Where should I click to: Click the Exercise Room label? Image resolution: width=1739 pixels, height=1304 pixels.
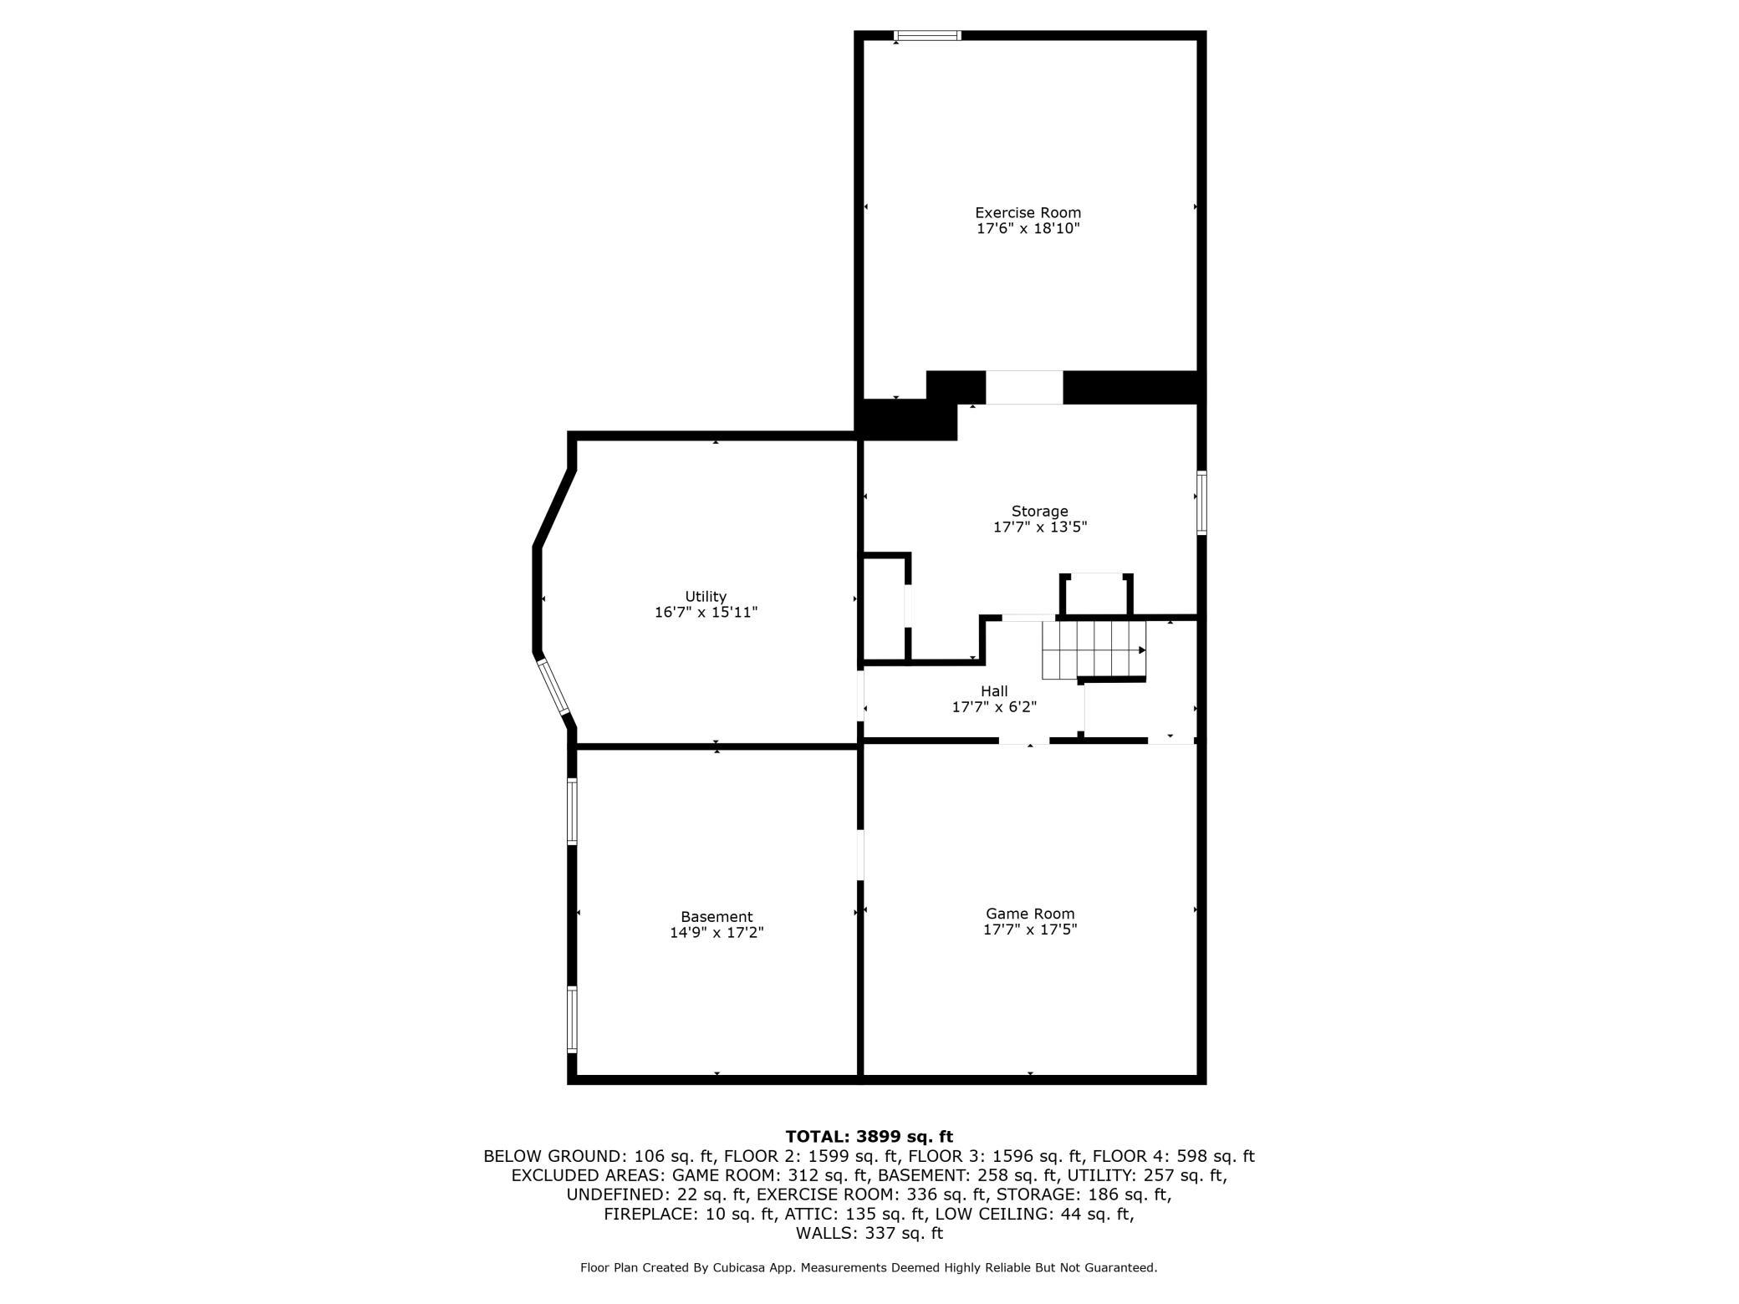(x=1028, y=212)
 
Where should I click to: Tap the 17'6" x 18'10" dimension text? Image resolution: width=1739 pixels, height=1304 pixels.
(x=1028, y=228)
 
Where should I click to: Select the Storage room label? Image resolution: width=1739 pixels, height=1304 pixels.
(x=1039, y=511)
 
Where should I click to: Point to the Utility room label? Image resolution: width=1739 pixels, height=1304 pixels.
(x=706, y=596)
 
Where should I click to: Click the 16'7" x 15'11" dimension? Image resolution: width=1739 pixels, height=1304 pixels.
(x=706, y=612)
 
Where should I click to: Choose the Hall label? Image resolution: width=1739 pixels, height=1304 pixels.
(x=994, y=691)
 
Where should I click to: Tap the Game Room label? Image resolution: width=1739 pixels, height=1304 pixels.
(x=1030, y=914)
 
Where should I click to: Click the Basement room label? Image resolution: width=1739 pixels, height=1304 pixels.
(x=717, y=917)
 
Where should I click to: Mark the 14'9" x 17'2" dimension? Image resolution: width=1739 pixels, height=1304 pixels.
(x=717, y=933)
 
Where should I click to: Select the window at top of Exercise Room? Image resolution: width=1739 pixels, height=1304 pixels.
(x=927, y=36)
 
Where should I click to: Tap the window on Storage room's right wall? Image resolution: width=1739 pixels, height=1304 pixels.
(x=1201, y=502)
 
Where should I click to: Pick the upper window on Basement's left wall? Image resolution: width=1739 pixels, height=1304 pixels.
(x=572, y=811)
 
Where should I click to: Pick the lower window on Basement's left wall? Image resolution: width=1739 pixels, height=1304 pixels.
(x=572, y=1019)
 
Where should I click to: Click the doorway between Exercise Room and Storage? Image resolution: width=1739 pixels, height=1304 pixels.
(x=1024, y=388)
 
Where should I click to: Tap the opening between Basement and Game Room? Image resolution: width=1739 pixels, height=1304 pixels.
(x=860, y=854)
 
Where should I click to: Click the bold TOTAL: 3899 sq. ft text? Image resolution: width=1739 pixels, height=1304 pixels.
(x=869, y=1136)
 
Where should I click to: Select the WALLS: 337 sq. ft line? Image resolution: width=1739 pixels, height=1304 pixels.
(x=869, y=1233)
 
